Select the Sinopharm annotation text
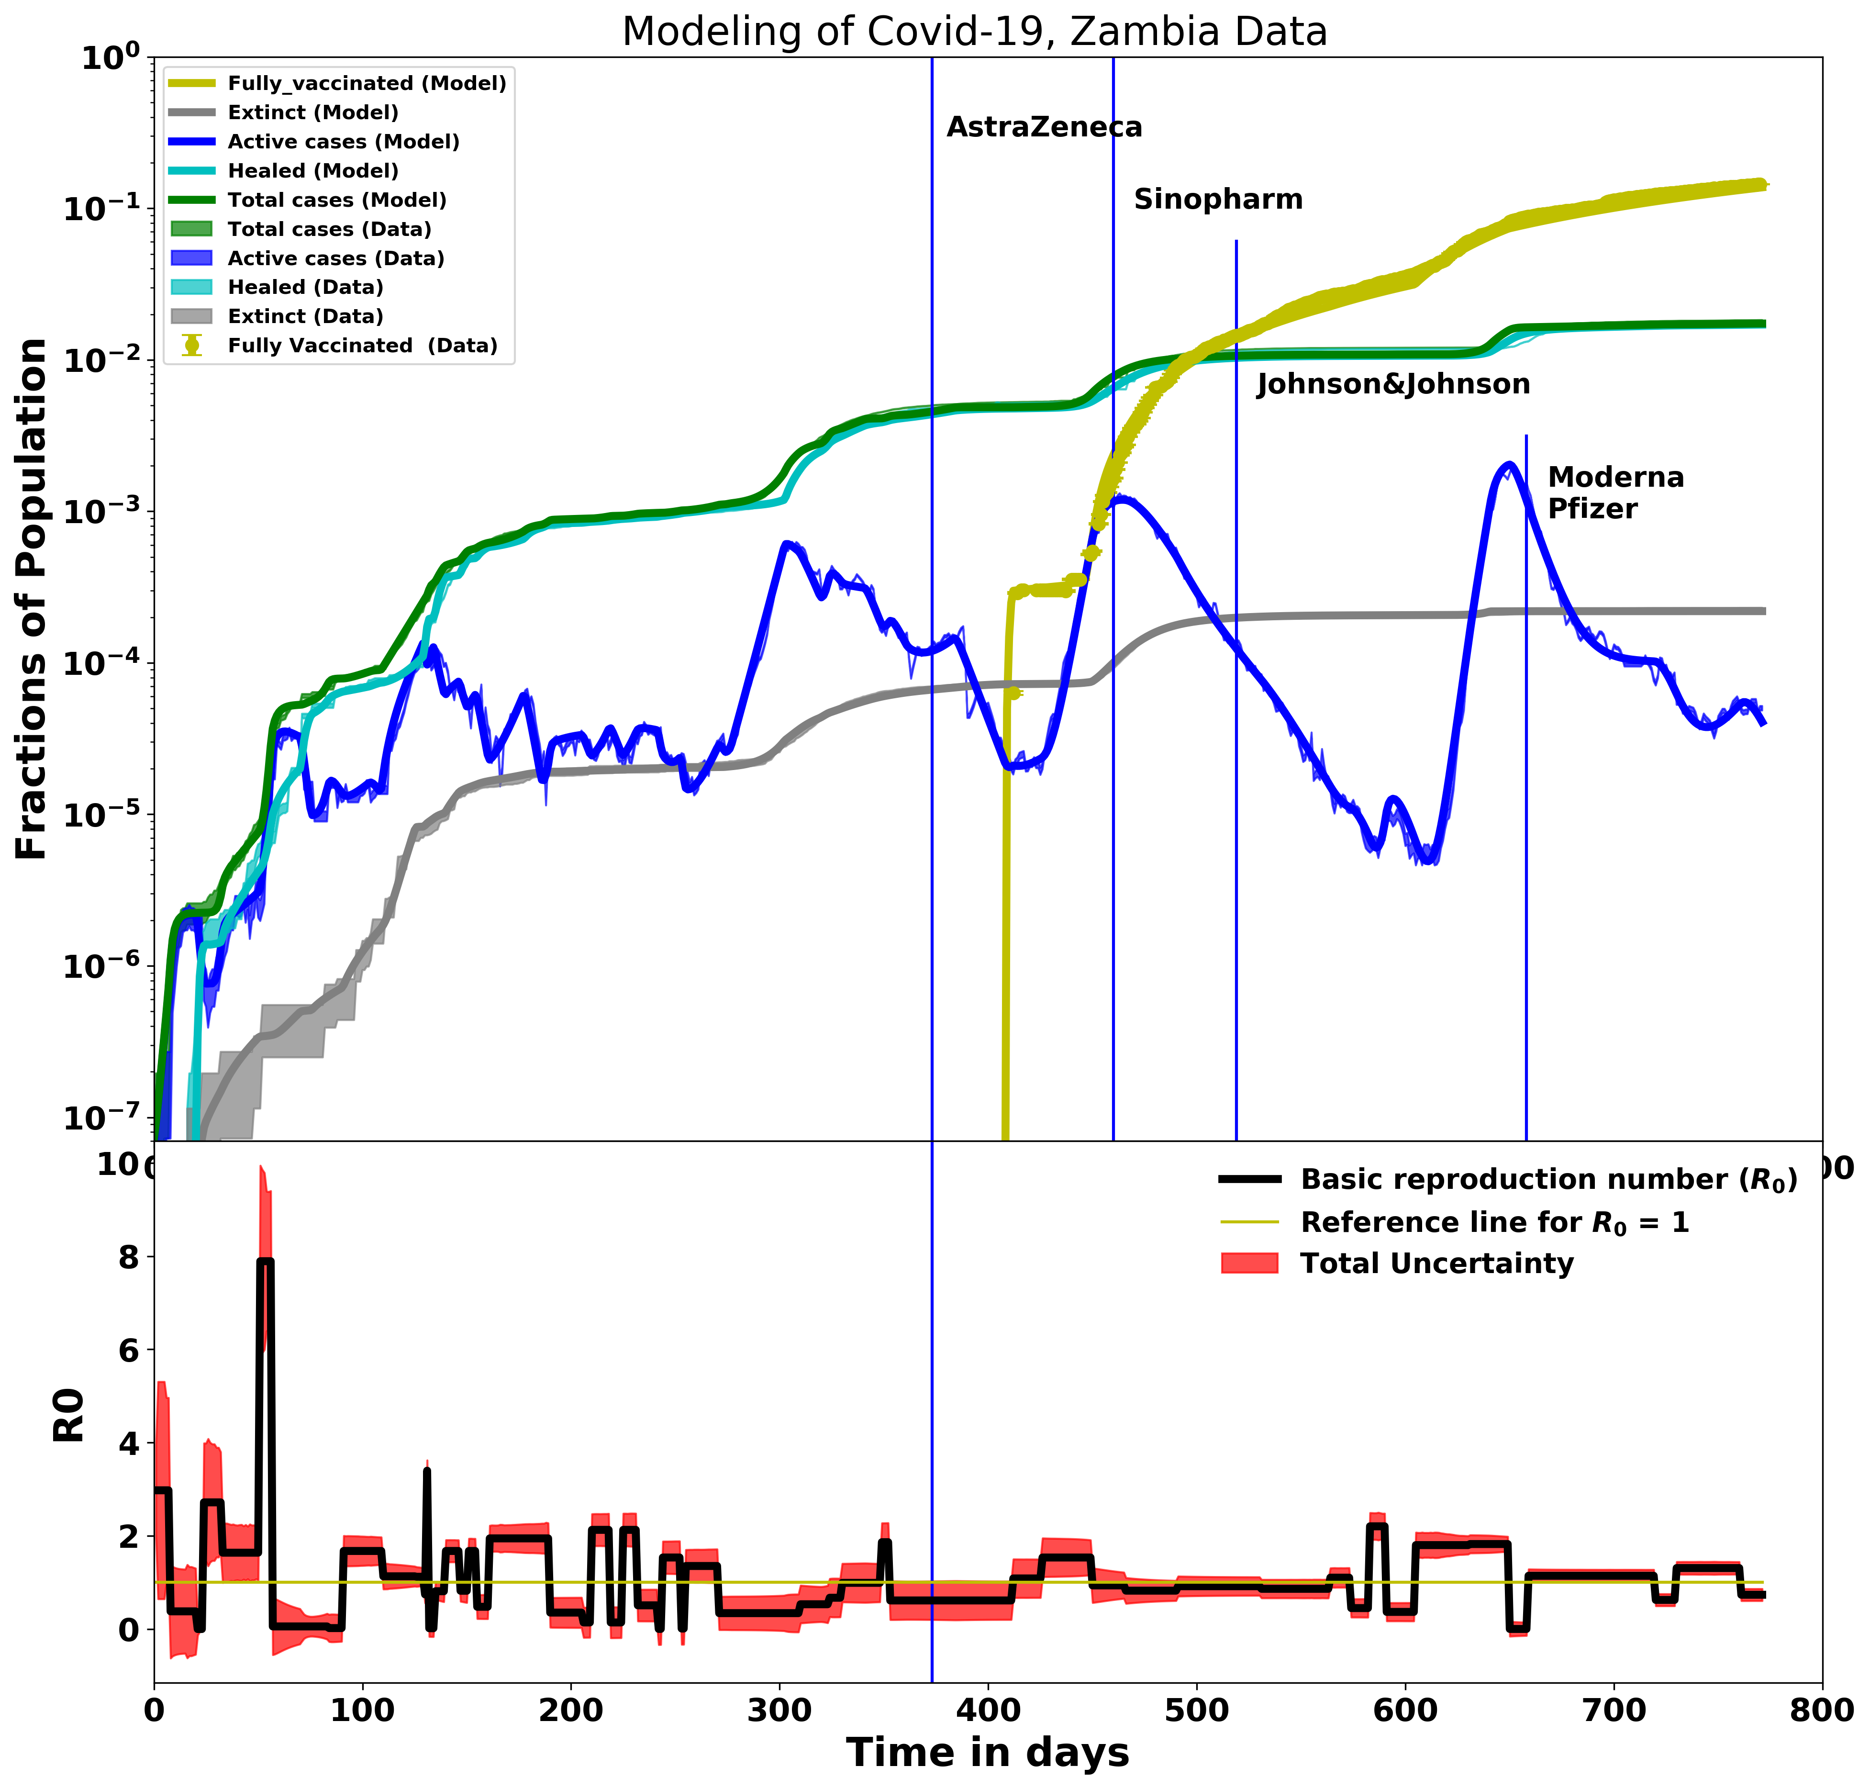[1218, 199]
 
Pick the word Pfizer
[1592, 509]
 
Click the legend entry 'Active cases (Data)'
[335, 258]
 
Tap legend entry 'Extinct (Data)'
[305, 317]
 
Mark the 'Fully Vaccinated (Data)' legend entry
[362, 346]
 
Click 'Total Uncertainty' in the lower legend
[1436, 1263]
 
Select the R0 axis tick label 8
[128, 1258]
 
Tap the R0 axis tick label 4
[128, 1444]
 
